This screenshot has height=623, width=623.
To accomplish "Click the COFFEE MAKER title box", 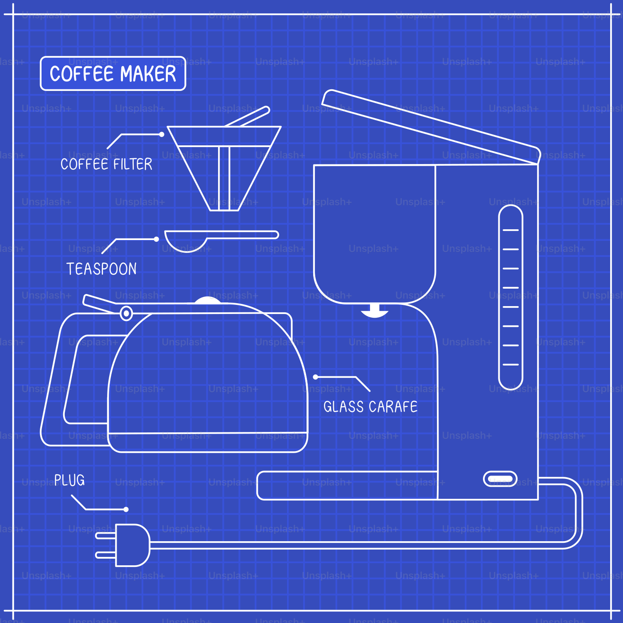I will pos(113,74).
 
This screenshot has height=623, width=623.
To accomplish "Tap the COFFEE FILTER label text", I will pos(106,164).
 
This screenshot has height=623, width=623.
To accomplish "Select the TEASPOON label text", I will pos(101,269).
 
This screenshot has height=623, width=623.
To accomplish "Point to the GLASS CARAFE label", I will pos(370,407).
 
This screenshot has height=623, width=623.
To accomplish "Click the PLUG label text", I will pos(69,480).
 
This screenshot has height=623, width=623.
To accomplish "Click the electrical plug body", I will pos(132,545).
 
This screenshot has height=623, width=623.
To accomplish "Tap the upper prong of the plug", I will pos(105,536).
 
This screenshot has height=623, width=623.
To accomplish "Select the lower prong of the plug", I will pos(105,555).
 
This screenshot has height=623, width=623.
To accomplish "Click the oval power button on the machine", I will pos(500,479).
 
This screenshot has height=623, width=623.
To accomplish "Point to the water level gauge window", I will pos(510,297).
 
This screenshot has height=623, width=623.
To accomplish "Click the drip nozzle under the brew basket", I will pos(374,311).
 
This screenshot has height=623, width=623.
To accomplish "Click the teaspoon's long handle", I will pos(243,235).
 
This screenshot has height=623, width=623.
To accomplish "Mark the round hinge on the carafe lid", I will pos(126,313).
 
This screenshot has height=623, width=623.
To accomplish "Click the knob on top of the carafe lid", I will pos(207,300).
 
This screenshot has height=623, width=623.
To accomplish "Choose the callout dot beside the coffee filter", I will pos(162,134).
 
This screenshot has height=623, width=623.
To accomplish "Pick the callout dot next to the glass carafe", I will pos(316,377).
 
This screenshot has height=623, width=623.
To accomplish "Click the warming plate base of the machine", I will pos(347,485).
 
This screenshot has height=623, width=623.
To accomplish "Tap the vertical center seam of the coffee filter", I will pos(224,179).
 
